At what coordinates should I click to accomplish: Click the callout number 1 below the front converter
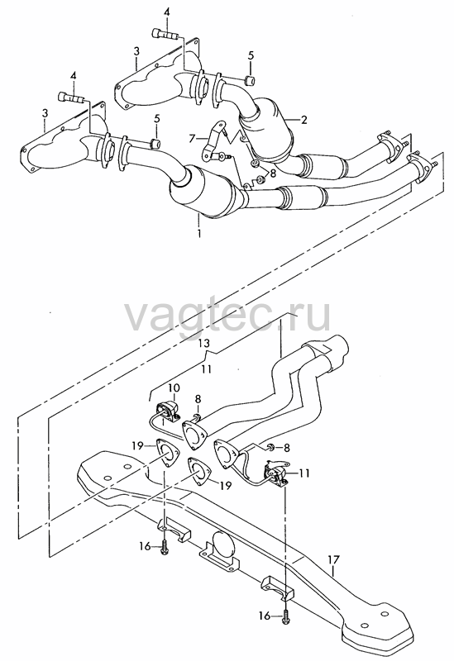pyautogui.click(x=198, y=232)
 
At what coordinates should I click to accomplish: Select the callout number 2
pyautogui.click(x=303, y=120)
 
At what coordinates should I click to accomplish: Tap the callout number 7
pyautogui.click(x=192, y=138)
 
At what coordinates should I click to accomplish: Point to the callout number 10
pyautogui.click(x=174, y=388)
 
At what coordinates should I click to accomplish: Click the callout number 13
pyautogui.click(x=204, y=344)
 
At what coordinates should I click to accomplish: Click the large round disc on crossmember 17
pyautogui.click(x=222, y=543)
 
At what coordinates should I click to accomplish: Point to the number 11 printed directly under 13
pyautogui.click(x=206, y=369)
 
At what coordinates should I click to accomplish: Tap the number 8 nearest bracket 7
pyautogui.click(x=273, y=173)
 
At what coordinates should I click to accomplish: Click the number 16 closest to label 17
pyautogui.click(x=265, y=616)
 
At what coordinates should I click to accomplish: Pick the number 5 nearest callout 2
pyautogui.click(x=251, y=55)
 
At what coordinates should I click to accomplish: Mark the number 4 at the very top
pyautogui.click(x=167, y=13)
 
